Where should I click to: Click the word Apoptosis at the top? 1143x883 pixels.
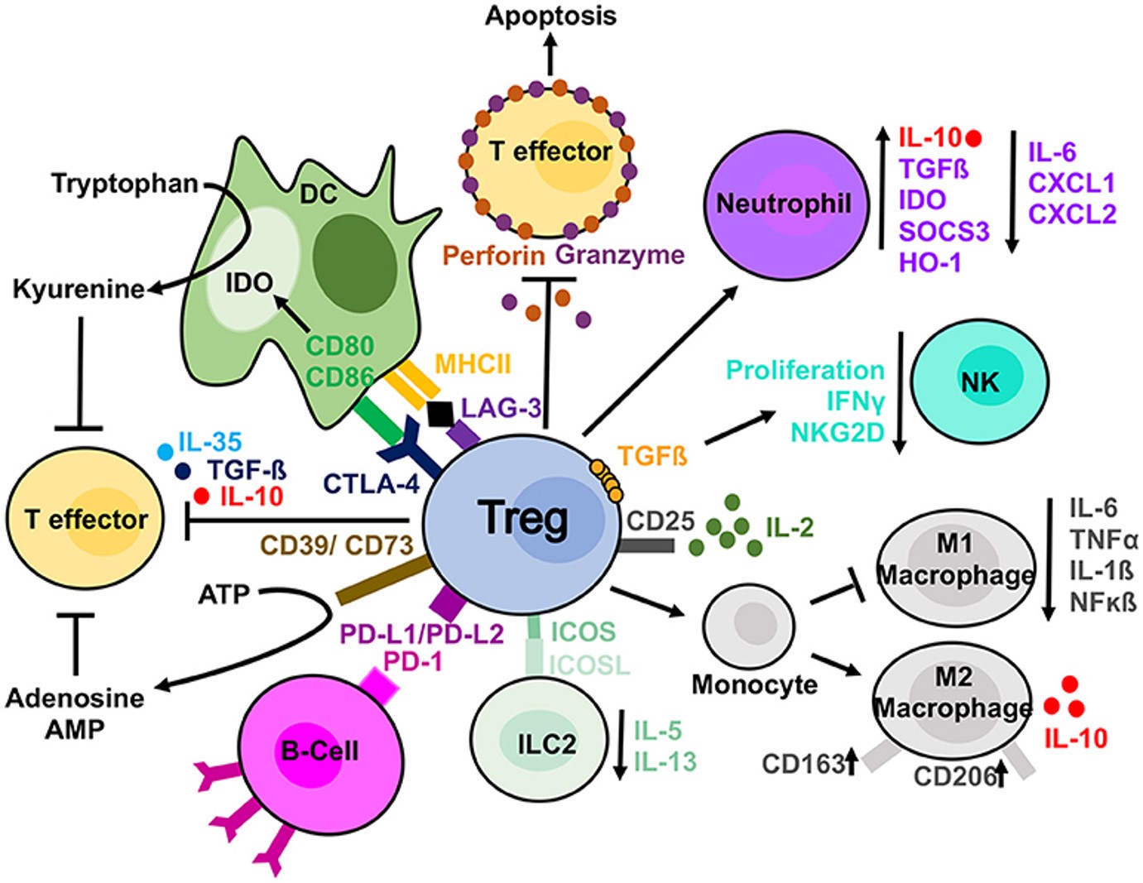[550, 16]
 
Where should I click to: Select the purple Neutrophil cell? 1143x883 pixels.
[783, 203]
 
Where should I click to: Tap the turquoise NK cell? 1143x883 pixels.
[980, 381]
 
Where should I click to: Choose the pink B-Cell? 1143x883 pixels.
[319, 751]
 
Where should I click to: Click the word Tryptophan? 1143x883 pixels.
[125, 183]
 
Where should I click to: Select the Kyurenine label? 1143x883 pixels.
[79, 289]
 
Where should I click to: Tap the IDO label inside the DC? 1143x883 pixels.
[249, 283]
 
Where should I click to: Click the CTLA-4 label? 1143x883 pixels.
[371, 483]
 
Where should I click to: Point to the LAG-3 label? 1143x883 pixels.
[501, 407]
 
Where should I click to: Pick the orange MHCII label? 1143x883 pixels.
[473, 363]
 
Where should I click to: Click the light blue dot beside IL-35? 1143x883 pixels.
[166, 452]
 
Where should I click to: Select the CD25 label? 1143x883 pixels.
[660, 521]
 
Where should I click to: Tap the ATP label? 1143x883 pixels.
[223, 594]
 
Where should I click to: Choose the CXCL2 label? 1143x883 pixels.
[1072, 214]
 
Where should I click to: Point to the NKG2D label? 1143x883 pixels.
[838, 432]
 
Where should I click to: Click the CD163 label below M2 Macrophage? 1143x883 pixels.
[802, 763]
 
